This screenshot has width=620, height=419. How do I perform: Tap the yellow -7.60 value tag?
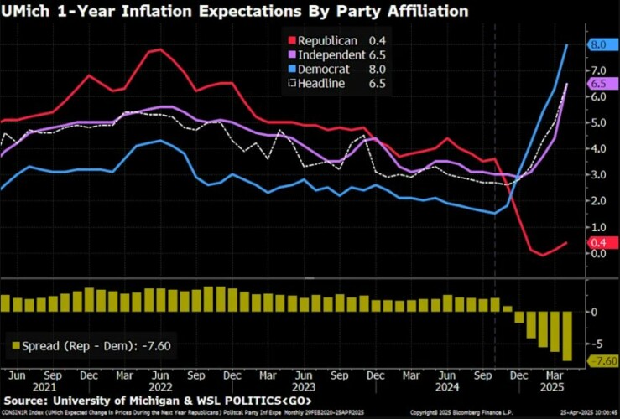603,361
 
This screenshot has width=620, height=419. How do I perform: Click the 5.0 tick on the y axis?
597,123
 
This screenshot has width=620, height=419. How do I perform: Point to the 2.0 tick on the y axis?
597,201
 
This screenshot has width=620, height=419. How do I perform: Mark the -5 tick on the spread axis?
595,344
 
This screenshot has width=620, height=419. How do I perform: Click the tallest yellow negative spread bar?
567,336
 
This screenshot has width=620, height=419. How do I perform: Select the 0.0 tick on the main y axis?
597,253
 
